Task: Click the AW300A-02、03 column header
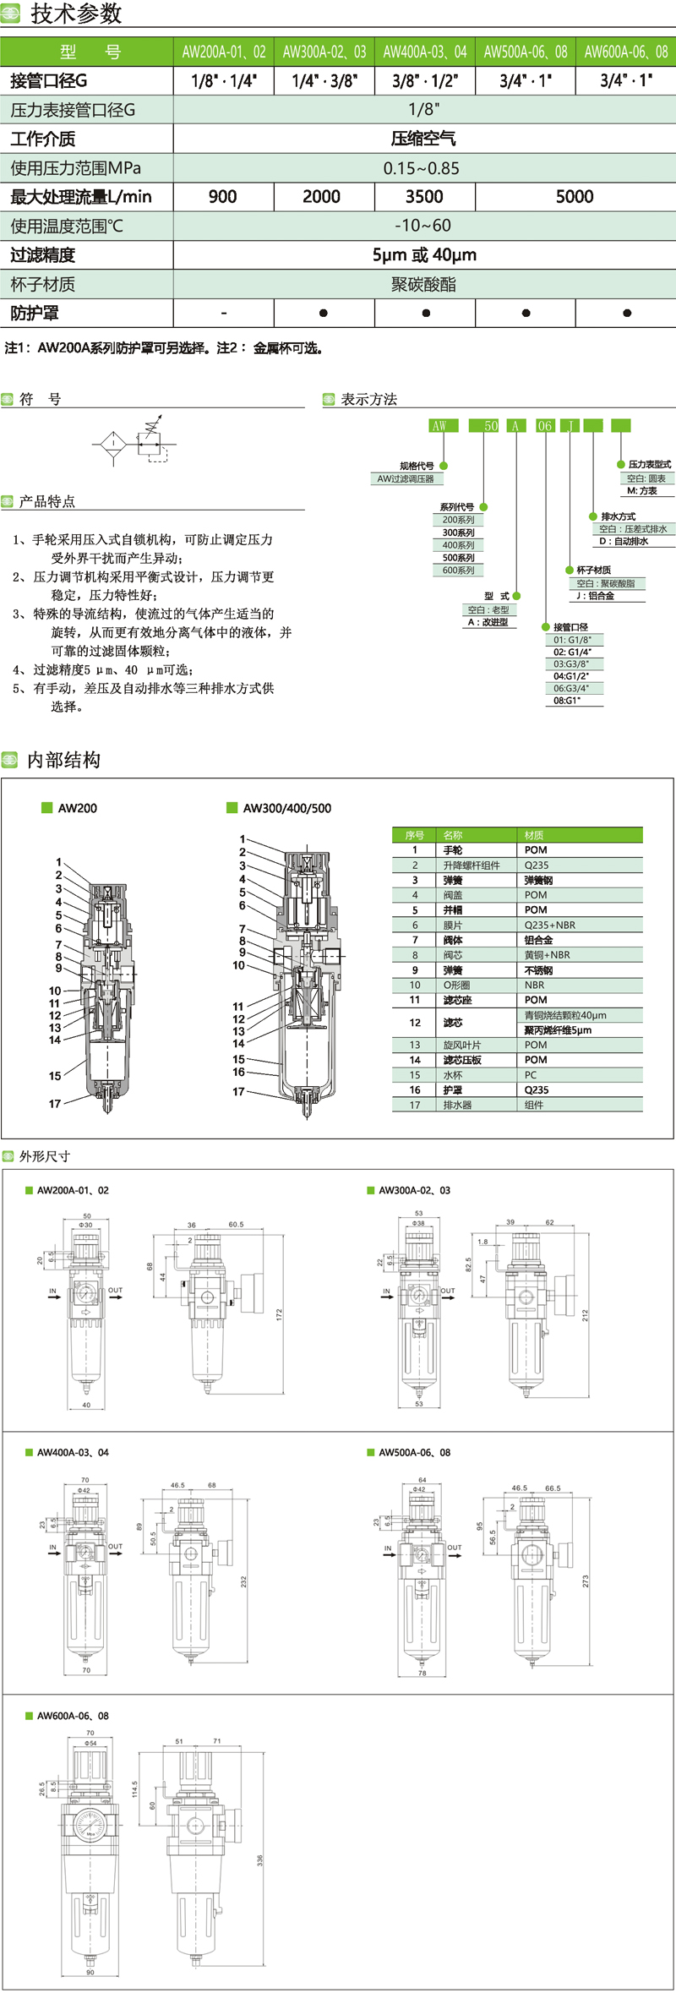[324, 52]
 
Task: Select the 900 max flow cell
[223, 197]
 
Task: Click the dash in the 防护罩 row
[223, 314]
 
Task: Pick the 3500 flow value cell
[424, 197]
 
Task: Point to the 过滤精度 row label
[43, 255]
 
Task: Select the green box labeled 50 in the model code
[491, 426]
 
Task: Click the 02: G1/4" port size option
[572, 653]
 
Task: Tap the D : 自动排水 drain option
[624, 542]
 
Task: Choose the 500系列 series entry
[458, 558]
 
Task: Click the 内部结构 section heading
[63, 760]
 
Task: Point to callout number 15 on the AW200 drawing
[55, 1076]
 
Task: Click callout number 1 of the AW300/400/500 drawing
[242, 839]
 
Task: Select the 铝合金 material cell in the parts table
[540, 940]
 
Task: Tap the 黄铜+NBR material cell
[547, 955]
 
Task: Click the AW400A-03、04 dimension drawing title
[73, 1452]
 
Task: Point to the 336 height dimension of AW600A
[260, 1861]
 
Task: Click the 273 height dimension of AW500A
[586, 1580]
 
